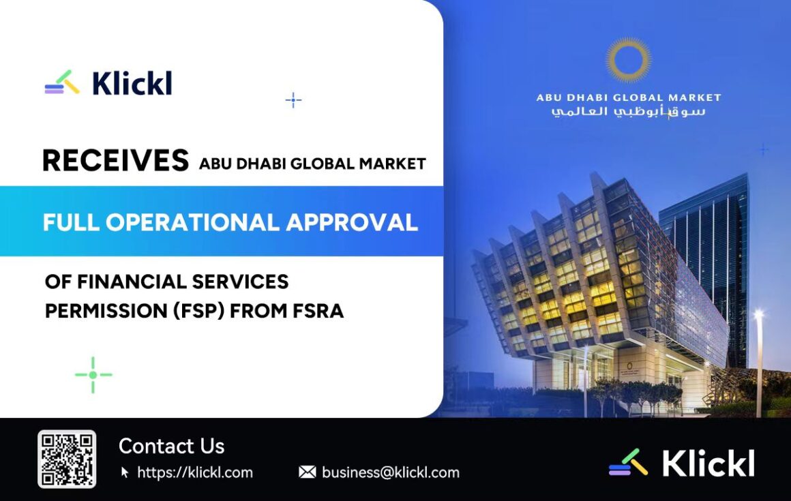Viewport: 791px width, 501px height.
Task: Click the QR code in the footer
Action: pos(67,459)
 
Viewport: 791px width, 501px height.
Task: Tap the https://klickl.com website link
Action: pos(195,472)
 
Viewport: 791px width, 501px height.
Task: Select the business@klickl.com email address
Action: pos(391,472)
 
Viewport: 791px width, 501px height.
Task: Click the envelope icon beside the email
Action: pos(308,472)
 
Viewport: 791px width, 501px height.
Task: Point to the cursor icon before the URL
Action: pos(125,472)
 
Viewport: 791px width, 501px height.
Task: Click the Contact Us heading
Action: pos(172,446)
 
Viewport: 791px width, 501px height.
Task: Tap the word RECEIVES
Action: pos(115,161)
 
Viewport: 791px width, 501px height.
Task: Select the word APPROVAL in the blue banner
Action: pos(352,222)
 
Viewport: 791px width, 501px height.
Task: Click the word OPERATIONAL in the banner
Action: pos(192,222)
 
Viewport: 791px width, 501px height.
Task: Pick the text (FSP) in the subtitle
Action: pos(198,311)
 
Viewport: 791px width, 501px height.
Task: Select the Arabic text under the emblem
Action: pos(629,111)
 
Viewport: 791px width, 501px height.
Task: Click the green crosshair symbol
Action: pos(93,374)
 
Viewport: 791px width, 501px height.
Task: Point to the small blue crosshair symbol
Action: pos(293,100)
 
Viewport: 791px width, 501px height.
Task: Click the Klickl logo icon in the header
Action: pos(62,82)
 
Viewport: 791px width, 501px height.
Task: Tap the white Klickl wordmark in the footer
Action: pos(708,464)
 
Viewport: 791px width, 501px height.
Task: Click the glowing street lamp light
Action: pos(758,315)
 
